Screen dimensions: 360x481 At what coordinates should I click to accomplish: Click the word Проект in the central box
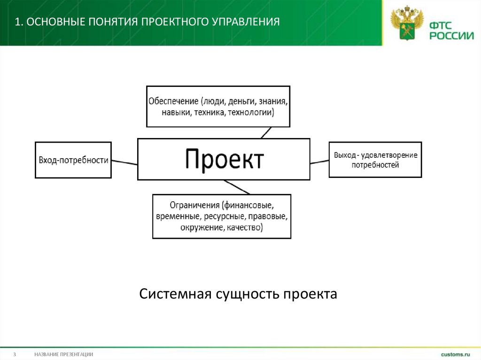coord(224,159)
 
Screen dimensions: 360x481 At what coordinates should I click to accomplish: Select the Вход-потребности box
coord(73,160)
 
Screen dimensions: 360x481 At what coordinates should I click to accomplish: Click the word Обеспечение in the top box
coord(173,101)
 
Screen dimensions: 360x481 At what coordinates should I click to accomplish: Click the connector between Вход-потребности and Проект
coord(124,162)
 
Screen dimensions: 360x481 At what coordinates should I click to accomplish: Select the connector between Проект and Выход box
coord(319,162)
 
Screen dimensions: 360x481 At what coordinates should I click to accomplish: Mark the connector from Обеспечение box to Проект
coord(266,132)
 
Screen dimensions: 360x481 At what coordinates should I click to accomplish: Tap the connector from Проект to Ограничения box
coord(237,187)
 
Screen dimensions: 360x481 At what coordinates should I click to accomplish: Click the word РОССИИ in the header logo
coord(450,35)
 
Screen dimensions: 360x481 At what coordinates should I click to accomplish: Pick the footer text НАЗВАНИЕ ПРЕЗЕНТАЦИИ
coord(63,354)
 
